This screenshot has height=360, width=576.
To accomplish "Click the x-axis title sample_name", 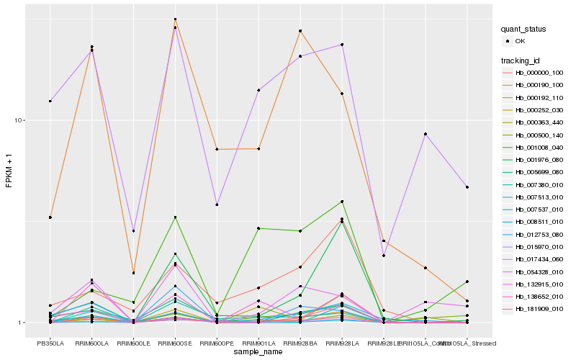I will (x=258, y=351).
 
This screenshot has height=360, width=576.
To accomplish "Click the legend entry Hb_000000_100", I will (x=539, y=73).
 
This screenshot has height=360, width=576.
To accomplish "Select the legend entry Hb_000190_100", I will (x=539, y=85).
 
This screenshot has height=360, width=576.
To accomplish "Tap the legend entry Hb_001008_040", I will (x=539, y=148).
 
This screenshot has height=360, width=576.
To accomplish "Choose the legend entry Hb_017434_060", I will (x=539, y=259).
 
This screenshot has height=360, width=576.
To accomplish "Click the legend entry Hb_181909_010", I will (x=539, y=309).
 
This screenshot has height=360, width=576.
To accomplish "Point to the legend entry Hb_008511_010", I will (x=539, y=222).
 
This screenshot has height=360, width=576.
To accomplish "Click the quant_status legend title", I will (x=523, y=30).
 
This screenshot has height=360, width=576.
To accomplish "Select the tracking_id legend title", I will (x=521, y=60).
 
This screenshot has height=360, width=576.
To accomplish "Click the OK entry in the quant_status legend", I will (x=529, y=42).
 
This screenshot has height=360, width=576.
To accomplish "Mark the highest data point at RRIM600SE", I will (x=175, y=19).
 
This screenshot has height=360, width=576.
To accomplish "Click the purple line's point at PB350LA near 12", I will (x=50, y=101).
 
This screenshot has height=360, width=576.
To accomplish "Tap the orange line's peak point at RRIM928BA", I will (x=300, y=31).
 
